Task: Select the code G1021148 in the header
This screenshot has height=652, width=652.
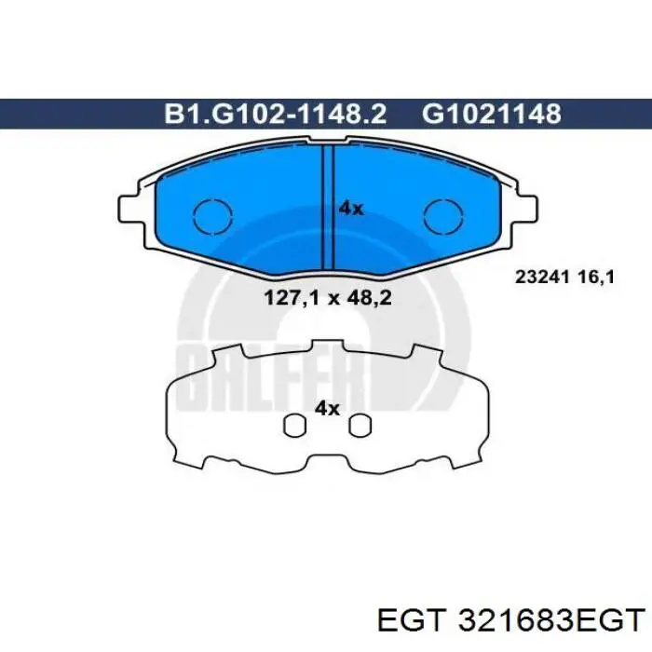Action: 492,114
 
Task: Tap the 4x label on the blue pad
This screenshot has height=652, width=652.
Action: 351,209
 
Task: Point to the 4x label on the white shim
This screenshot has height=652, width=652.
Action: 327,407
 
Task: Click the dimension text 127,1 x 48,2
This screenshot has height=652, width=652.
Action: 327,298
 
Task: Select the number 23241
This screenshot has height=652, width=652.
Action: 540,276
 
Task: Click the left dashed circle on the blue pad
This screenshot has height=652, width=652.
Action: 211,218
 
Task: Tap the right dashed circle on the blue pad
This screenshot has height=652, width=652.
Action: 442,218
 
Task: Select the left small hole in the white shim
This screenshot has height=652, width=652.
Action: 294,425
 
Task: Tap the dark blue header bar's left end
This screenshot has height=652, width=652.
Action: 19,114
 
